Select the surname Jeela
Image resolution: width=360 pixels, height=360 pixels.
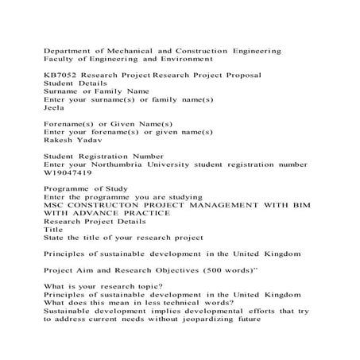[x=53, y=107]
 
